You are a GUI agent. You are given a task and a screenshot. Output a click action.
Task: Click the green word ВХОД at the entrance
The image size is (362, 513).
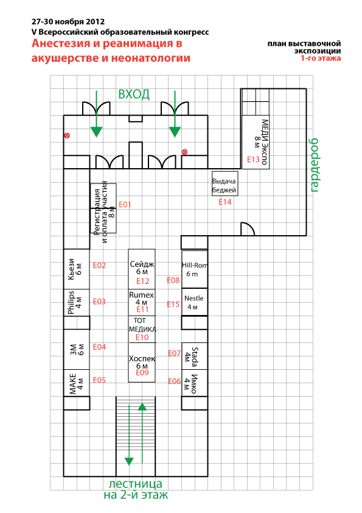[134, 94]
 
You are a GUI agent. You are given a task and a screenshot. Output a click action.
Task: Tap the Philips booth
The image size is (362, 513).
[77, 302]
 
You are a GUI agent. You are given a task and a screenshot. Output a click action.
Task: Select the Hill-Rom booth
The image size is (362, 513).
[195, 269]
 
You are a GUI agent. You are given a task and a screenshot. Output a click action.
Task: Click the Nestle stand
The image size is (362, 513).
[195, 302]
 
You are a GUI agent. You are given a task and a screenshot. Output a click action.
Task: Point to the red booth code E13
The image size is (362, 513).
[253, 160]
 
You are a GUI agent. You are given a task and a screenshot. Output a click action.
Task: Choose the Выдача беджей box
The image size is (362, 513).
[225, 183]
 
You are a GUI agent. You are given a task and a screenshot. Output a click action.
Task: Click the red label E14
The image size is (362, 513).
[225, 202]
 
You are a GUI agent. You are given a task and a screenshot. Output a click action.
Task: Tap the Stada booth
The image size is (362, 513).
[195, 356]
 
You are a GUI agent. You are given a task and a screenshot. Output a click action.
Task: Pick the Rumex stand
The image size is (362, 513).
[142, 302]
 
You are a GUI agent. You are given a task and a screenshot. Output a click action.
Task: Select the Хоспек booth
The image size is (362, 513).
[142, 363]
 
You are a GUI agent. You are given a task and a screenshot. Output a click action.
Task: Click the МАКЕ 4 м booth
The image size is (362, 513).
[77, 383]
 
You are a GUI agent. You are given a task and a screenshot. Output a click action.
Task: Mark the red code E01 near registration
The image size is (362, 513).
[125, 205]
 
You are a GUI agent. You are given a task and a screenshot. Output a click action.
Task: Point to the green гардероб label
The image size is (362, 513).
[314, 165]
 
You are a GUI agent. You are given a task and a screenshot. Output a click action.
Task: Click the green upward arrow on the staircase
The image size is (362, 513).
[142, 433]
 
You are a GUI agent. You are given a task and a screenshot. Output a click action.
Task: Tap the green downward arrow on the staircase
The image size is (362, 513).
[129, 435]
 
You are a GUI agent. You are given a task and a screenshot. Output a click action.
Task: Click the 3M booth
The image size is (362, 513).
[77, 350]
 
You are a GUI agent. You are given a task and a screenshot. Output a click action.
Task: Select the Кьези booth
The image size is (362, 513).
[77, 269]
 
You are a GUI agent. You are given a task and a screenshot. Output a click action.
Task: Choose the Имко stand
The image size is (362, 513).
[195, 383]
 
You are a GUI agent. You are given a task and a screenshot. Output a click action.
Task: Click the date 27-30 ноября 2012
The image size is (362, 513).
[68, 22]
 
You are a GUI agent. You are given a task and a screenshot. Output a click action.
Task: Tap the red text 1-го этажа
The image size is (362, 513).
[321, 58]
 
